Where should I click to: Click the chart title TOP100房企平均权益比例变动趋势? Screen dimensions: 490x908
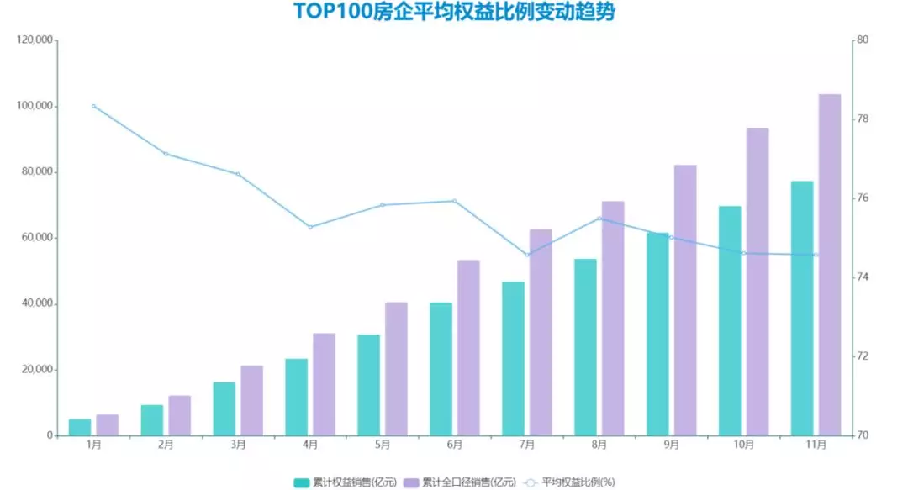pos(454,13)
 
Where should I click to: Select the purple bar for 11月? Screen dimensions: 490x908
pos(830,265)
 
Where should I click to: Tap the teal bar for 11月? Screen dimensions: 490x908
pos(802,308)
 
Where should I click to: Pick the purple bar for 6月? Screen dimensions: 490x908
pos(468,348)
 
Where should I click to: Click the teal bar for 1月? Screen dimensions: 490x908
pos(80,427)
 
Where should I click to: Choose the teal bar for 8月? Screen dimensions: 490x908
pos(585,347)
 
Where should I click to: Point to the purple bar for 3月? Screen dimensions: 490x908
pos(251,401)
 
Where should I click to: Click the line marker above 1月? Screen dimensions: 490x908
pos(93,106)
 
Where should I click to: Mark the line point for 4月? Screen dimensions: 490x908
pos(310,227)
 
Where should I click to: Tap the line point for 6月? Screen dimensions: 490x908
pos(455,201)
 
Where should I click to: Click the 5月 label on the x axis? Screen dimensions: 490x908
pos(383,445)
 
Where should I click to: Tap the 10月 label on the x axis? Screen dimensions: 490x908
pos(743,445)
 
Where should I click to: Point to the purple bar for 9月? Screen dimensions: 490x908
pos(685,300)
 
